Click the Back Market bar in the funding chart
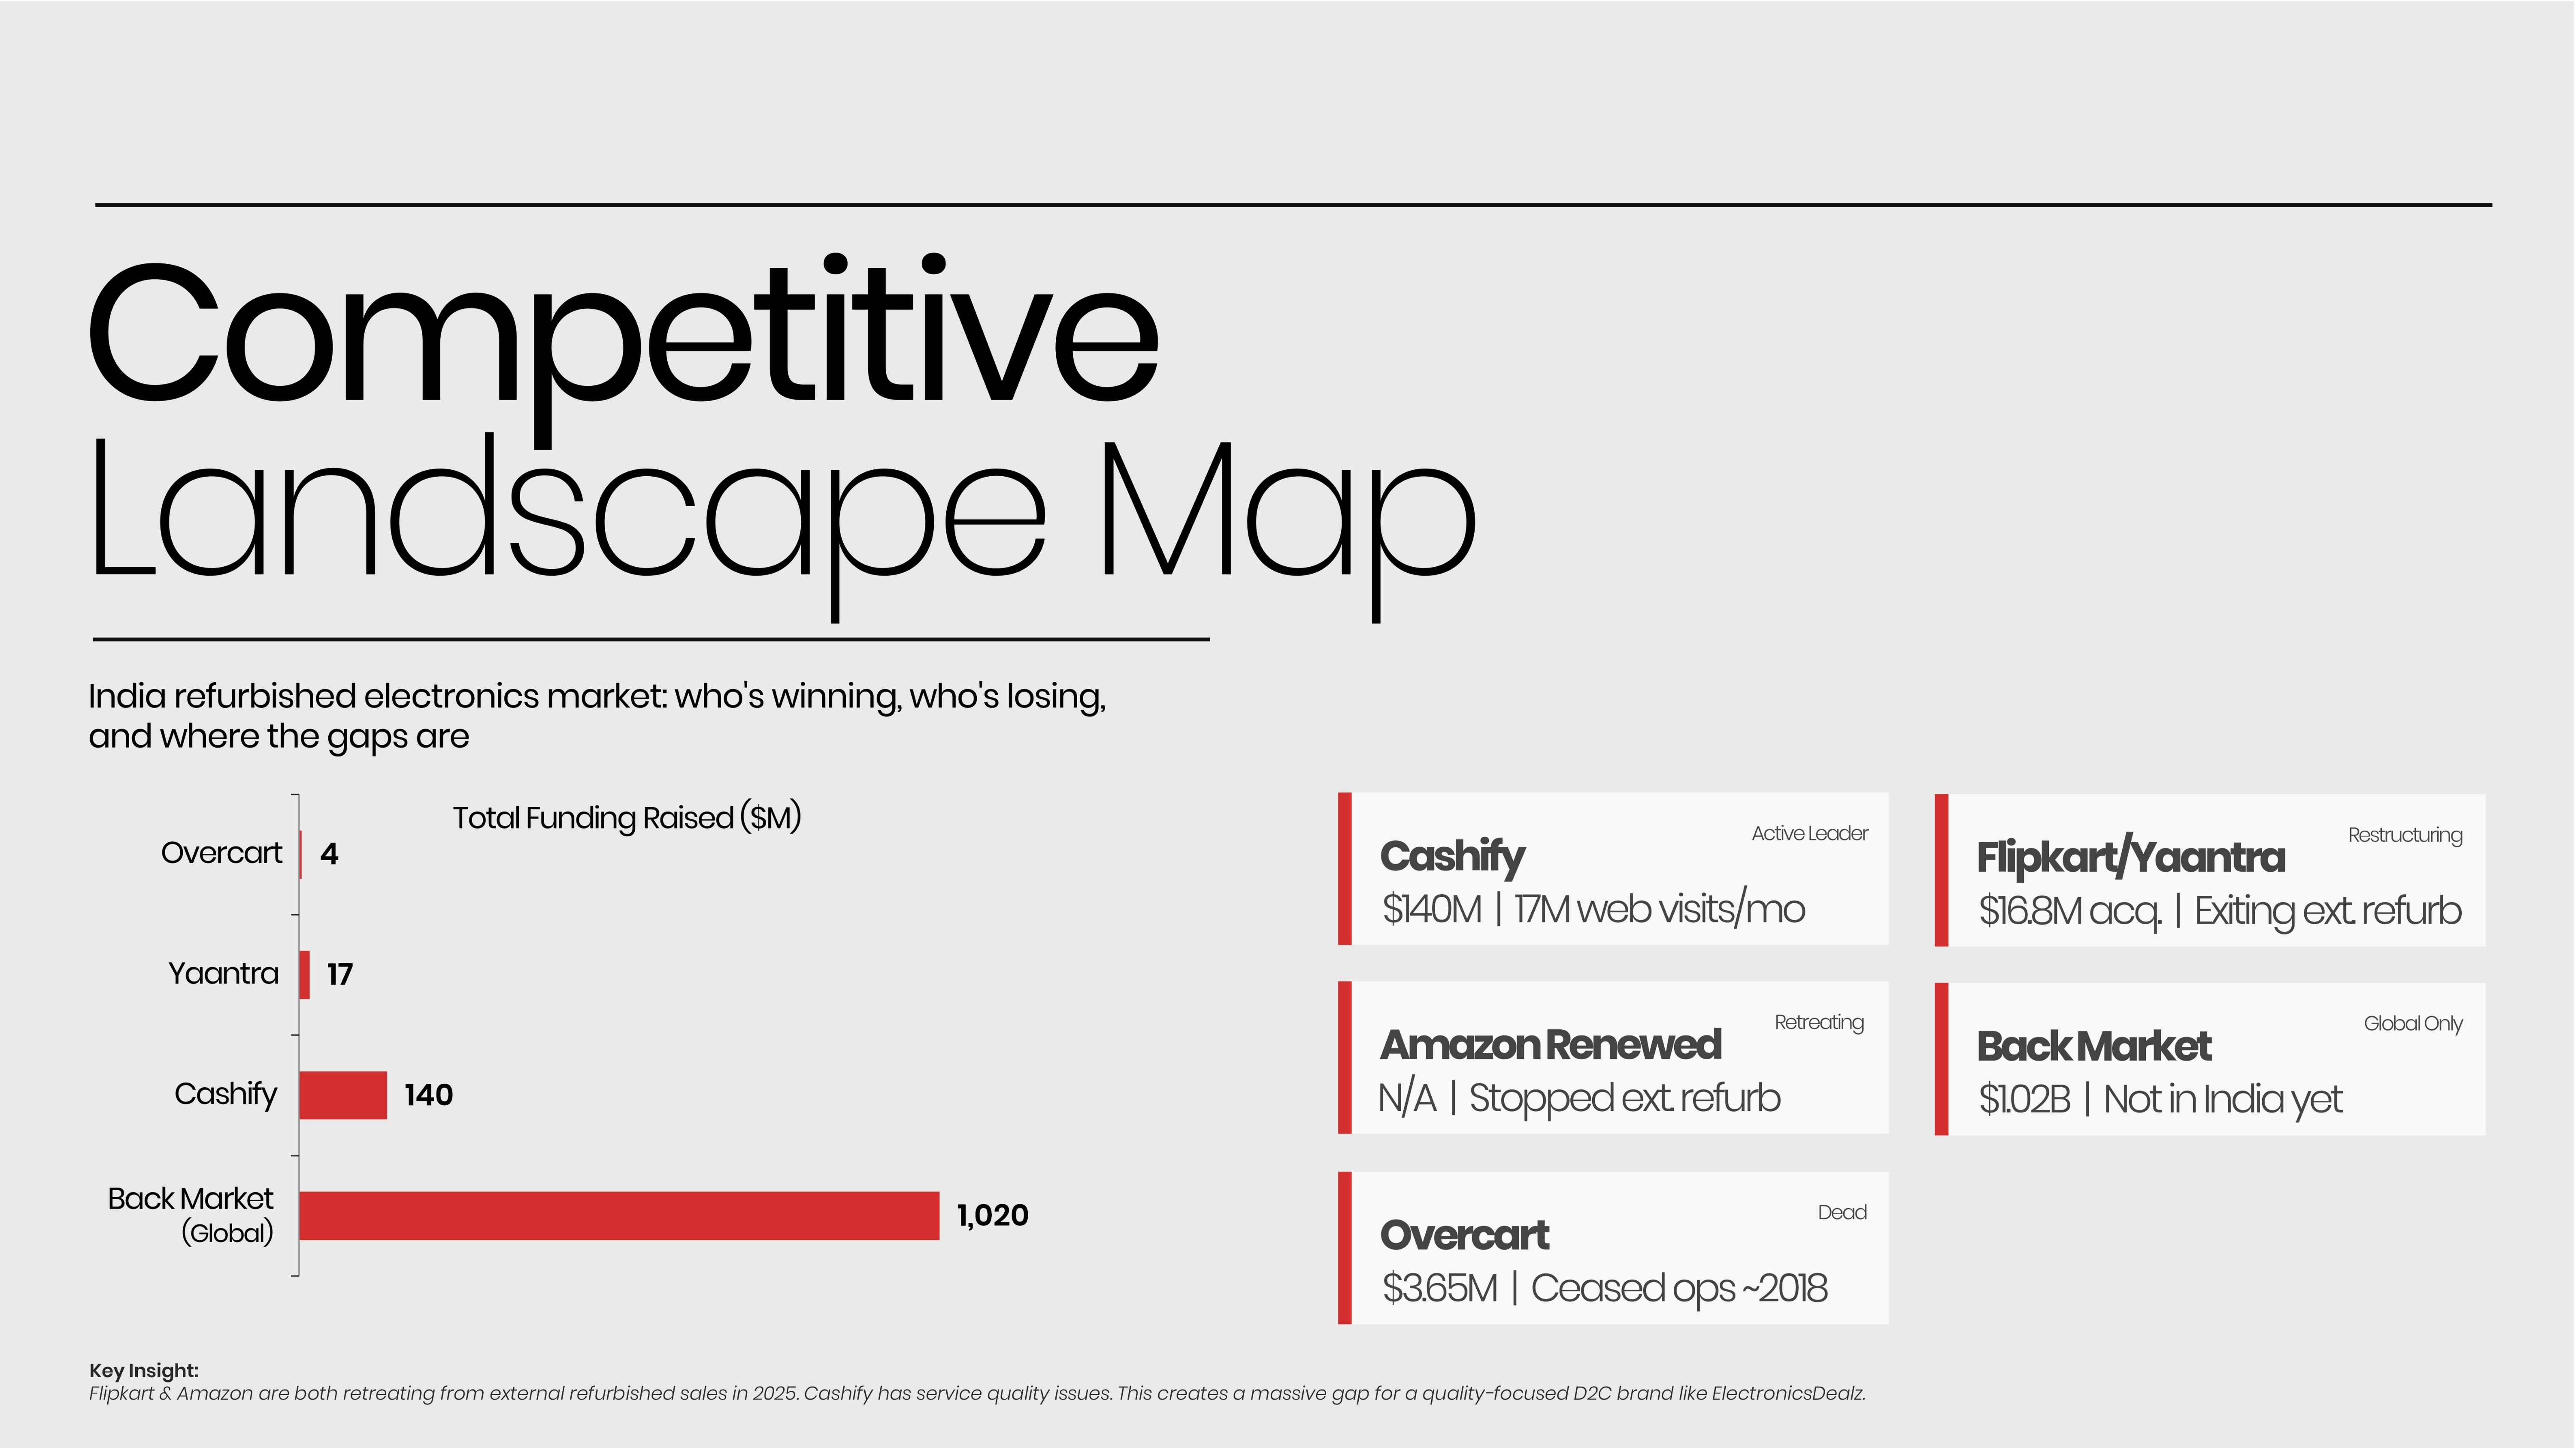(x=620, y=1215)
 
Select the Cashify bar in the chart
(x=343, y=1095)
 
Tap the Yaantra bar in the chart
(x=305, y=974)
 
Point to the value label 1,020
(x=993, y=1215)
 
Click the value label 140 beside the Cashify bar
(x=429, y=1095)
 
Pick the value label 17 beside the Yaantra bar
(x=340, y=974)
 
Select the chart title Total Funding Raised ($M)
(x=627, y=817)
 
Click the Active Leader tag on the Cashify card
(x=1809, y=834)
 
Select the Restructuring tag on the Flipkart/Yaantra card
(x=2405, y=835)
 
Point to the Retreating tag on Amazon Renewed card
(x=1819, y=1022)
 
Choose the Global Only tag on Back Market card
(x=2413, y=1023)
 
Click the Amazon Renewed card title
(x=1551, y=1044)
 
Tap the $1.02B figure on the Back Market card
(x=2024, y=1099)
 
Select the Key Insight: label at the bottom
(x=144, y=1370)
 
